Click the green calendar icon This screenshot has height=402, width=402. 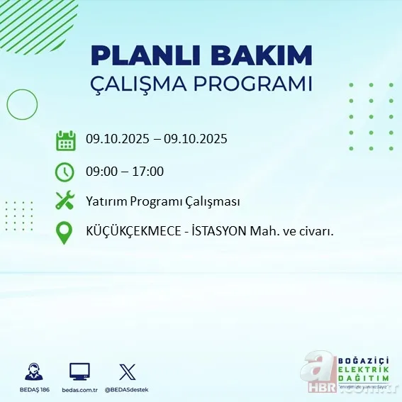click(65, 140)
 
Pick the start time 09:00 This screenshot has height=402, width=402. click(101, 171)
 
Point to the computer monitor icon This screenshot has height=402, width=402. click(79, 372)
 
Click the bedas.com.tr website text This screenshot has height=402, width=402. click(79, 389)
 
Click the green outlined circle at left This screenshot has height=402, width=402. click(22, 105)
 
